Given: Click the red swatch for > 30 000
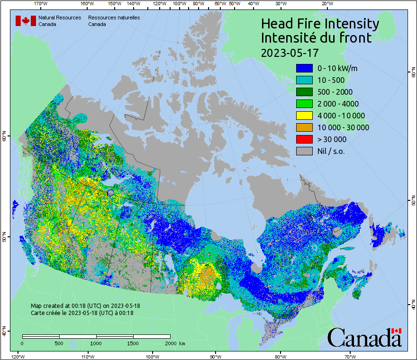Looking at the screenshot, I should click(304, 139).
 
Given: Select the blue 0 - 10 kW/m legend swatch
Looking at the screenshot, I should click(304, 68).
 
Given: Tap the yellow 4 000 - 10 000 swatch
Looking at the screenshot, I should click(304, 116).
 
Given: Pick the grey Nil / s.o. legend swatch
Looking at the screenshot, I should click(304, 151).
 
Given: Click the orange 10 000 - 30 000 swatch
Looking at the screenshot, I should click(304, 127).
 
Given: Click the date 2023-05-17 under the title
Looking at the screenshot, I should click(290, 53).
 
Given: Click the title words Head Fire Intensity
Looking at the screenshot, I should click(320, 24).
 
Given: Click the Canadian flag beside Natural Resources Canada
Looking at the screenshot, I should click(26, 21).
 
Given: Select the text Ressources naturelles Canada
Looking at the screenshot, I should click(114, 21).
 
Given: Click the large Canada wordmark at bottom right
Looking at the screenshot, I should click(364, 338).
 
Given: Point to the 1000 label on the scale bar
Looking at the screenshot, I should click(96, 343).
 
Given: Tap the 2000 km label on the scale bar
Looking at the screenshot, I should click(174, 343).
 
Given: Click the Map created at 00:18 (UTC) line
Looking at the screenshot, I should click(85, 306).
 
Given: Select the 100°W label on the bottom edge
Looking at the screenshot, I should click(152, 356).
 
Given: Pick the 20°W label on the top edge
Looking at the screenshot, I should click(326, 3).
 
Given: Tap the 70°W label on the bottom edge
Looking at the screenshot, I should click(350, 356).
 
